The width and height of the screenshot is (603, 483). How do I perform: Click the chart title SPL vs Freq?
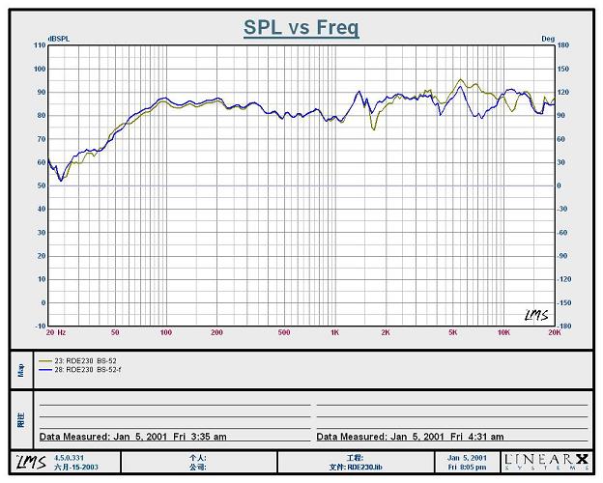click(301, 27)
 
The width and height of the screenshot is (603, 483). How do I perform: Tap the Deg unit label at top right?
click(548, 40)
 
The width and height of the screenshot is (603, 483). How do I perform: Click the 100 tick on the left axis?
click(40, 70)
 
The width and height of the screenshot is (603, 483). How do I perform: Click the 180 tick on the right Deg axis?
click(562, 45)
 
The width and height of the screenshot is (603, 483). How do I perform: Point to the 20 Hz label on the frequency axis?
click(56, 333)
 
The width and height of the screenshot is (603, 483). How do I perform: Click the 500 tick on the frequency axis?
click(284, 333)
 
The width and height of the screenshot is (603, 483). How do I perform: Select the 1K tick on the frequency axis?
click(334, 333)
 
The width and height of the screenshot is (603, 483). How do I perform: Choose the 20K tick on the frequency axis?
click(554, 333)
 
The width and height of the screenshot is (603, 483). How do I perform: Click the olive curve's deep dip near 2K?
click(373, 128)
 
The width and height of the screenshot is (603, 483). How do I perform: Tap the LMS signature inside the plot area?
click(535, 315)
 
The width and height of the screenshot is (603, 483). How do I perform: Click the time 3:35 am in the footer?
click(208, 437)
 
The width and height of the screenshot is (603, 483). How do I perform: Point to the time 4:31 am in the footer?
click(484, 437)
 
